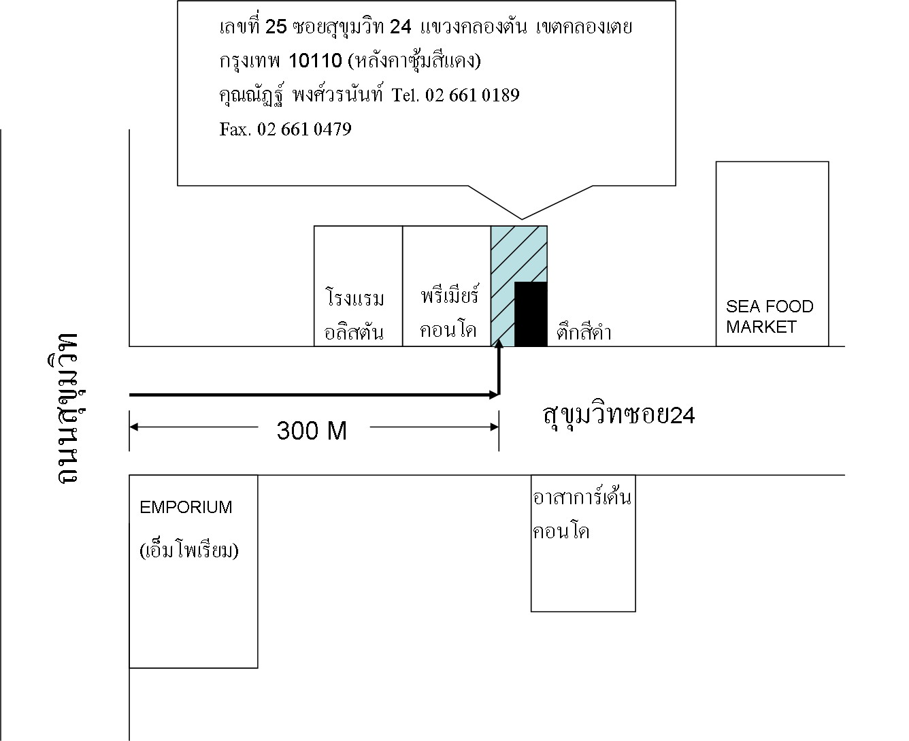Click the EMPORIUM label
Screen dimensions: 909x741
[x=186, y=507]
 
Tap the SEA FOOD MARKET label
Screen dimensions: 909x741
[x=770, y=316]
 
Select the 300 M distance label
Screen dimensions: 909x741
[x=312, y=430]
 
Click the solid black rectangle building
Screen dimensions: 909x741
[x=531, y=314]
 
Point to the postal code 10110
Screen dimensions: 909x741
[x=316, y=61]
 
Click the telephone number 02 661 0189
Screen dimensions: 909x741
[x=472, y=95]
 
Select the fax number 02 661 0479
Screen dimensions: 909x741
[x=304, y=129]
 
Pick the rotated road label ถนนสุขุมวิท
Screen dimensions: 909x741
[x=67, y=408]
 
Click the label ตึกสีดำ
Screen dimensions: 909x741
[x=583, y=331]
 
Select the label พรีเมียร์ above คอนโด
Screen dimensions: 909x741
[x=449, y=294]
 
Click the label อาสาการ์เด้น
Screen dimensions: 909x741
[x=582, y=496]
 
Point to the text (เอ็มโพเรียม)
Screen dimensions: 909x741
[x=189, y=550]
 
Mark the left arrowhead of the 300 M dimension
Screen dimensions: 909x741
[x=133, y=427]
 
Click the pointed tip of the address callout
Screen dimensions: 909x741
[x=522, y=219]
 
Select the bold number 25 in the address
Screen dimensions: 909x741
[x=276, y=27]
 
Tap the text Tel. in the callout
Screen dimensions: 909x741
[x=406, y=95]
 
